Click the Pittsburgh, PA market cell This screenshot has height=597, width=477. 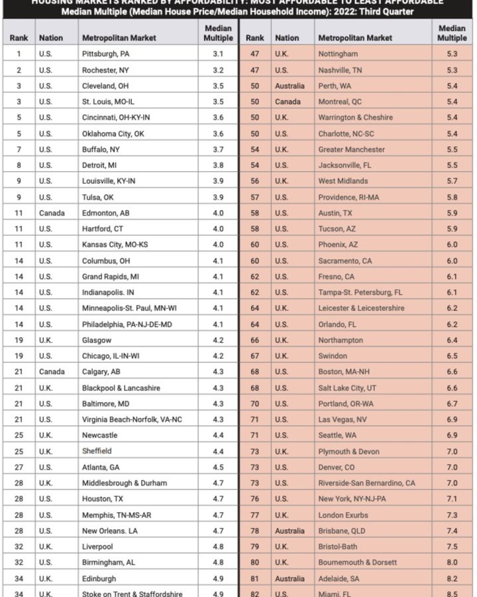coord(106,54)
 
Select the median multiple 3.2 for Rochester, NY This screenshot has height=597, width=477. coord(218,70)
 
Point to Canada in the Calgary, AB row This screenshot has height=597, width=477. coord(52,371)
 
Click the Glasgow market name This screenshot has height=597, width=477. coord(97,340)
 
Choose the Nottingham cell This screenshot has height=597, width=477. coord(338,54)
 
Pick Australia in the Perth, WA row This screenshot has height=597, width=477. coord(290,86)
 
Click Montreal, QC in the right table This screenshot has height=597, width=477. coord(340,101)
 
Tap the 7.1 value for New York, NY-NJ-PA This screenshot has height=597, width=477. coord(452,499)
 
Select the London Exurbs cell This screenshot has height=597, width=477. coord(343,515)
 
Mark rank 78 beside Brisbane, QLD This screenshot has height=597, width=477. coord(255,531)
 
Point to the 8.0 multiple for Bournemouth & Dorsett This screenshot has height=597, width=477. coord(452,563)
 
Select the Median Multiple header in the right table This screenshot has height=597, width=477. coord(452,33)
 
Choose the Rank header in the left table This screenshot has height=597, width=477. coord(19,38)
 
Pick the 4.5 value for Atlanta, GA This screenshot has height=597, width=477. coord(218,467)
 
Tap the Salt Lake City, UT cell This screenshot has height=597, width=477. coord(347,387)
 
